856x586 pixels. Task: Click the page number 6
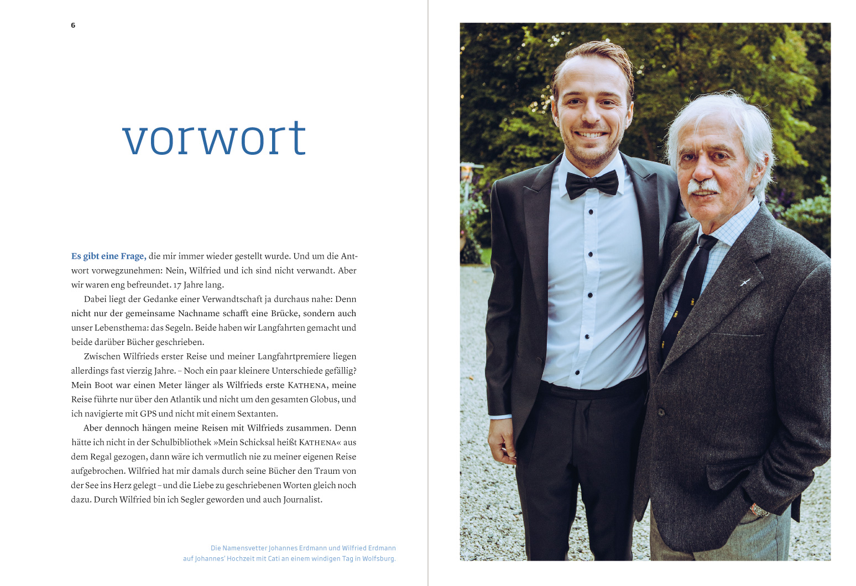73,25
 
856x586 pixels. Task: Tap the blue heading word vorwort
214,138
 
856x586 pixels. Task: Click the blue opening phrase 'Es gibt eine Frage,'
108,257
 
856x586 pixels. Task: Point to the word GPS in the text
148,414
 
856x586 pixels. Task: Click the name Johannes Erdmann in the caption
297,548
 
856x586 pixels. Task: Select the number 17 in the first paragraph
177,285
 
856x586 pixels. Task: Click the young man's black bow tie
592,184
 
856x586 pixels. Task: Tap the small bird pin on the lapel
745,283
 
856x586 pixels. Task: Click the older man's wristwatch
759,510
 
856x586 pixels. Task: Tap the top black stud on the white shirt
591,212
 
